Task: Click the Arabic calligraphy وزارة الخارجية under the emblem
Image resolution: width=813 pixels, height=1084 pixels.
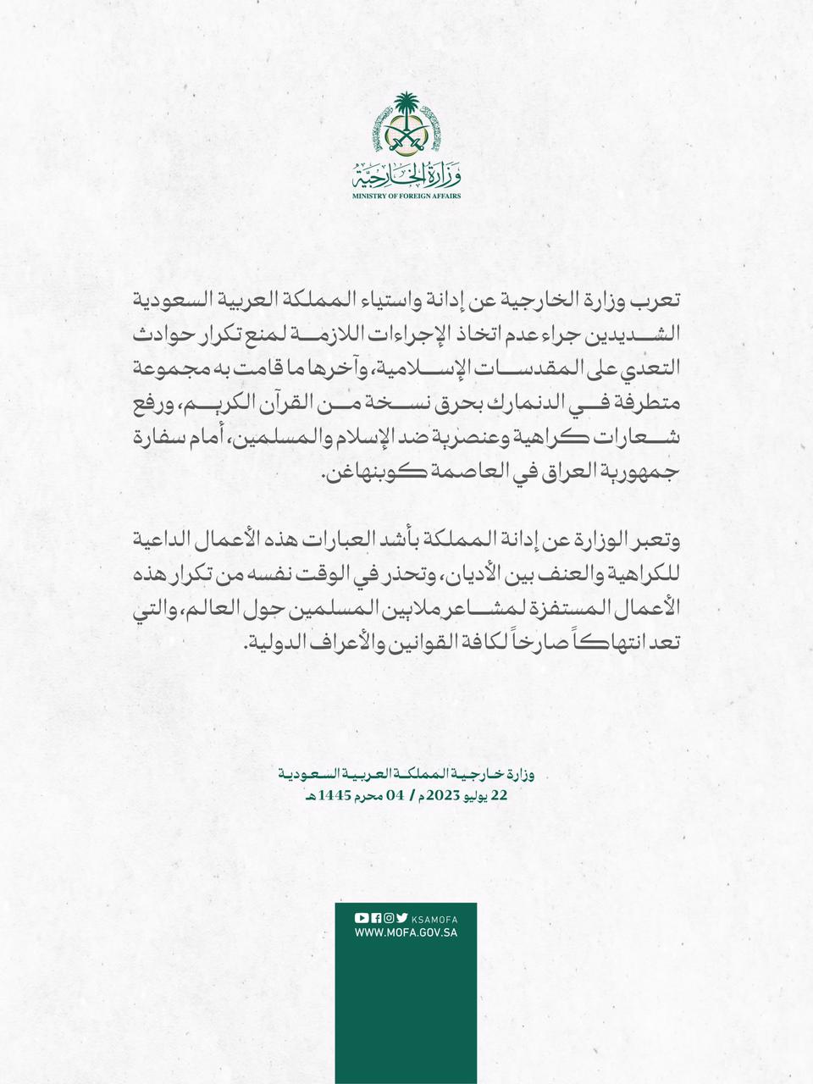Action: (406, 175)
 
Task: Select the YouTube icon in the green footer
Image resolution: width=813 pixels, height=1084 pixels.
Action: (362, 917)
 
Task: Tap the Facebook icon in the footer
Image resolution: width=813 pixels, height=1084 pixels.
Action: (375, 917)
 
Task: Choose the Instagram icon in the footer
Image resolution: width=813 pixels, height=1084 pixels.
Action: (388, 917)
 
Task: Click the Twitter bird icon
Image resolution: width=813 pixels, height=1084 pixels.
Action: (401, 917)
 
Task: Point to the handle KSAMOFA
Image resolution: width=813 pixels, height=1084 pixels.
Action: (434, 918)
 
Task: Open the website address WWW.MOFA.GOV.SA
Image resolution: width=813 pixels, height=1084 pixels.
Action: (406, 932)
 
